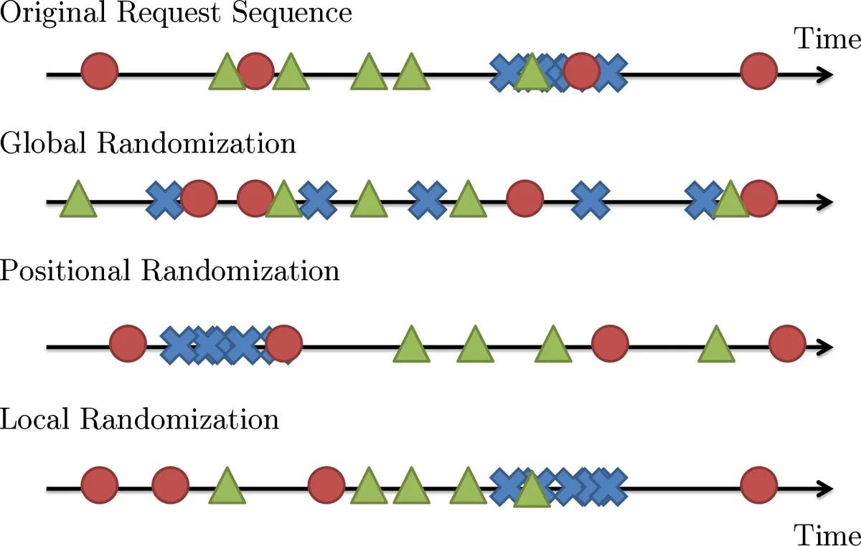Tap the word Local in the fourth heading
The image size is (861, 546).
[x=36, y=418]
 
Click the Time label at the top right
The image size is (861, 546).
[x=827, y=39]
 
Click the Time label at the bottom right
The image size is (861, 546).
[x=827, y=535]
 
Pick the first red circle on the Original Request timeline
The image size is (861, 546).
[x=99, y=72]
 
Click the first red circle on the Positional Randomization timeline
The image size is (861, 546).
[x=128, y=345]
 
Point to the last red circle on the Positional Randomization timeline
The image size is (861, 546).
[x=786, y=345]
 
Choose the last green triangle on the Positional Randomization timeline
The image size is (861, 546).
[x=715, y=345]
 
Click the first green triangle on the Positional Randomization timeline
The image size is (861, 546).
[x=411, y=345]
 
